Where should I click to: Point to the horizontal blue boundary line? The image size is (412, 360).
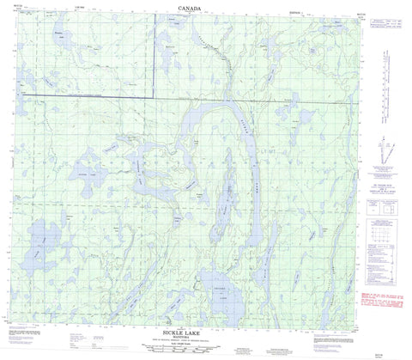[x=86, y=96]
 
